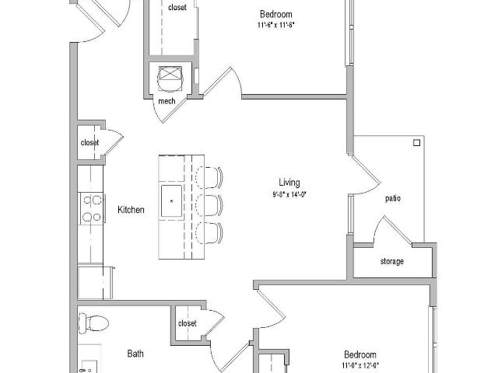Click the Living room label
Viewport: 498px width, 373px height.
pyautogui.click(x=289, y=183)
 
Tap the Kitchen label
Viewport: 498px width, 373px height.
pyautogui.click(x=131, y=210)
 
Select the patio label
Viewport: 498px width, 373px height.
pyautogui.click(x=393, y=199)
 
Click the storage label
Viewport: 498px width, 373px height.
pyautogui.click(x=392, y=261)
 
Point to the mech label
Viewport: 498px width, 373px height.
pyautogui.click(x=167, y=101)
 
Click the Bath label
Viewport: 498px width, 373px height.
pyautogui.click(x=135, y=354)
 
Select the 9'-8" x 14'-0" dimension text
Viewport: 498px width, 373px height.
pyautogui.click(x=289, y=194)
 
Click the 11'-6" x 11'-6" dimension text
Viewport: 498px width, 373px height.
pyautogui.click(x=276, y=25)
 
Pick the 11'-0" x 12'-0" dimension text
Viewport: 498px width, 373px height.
pyautogui.click(x=360, y=365)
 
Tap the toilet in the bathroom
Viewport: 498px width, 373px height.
pyautogui.click(x=93, y=323)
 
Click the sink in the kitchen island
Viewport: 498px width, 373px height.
pyautogui.click(x=171, y=201)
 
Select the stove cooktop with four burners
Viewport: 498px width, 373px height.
pyautogui.click(x=92, y=208)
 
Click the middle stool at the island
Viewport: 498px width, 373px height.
pyautogui.click(x=209, y=205)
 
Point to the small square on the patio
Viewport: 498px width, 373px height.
pyautogui.click(x=417, y=143)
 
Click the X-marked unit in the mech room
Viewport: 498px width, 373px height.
pyautogui.click(x=170, y=74)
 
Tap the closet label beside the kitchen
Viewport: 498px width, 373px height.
pyautogui.click(x=89, y=143)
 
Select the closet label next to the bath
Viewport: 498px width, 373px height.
pyautogui.click(x=187, y=323)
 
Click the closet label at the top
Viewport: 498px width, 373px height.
pyautogui.click(x=177, y=7)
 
